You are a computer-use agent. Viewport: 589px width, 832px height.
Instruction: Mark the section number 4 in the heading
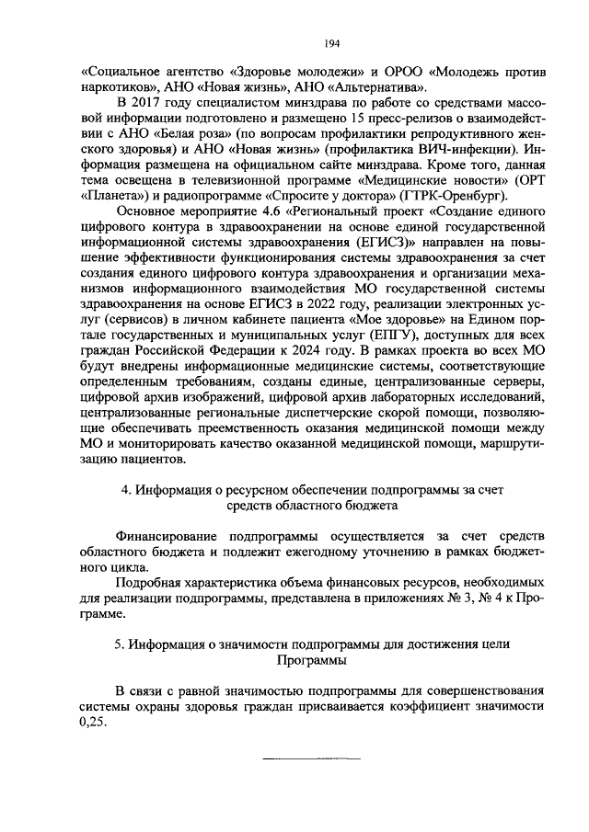[x=127, y=490]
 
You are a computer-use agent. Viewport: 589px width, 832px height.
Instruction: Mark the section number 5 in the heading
[x=119, y=644]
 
